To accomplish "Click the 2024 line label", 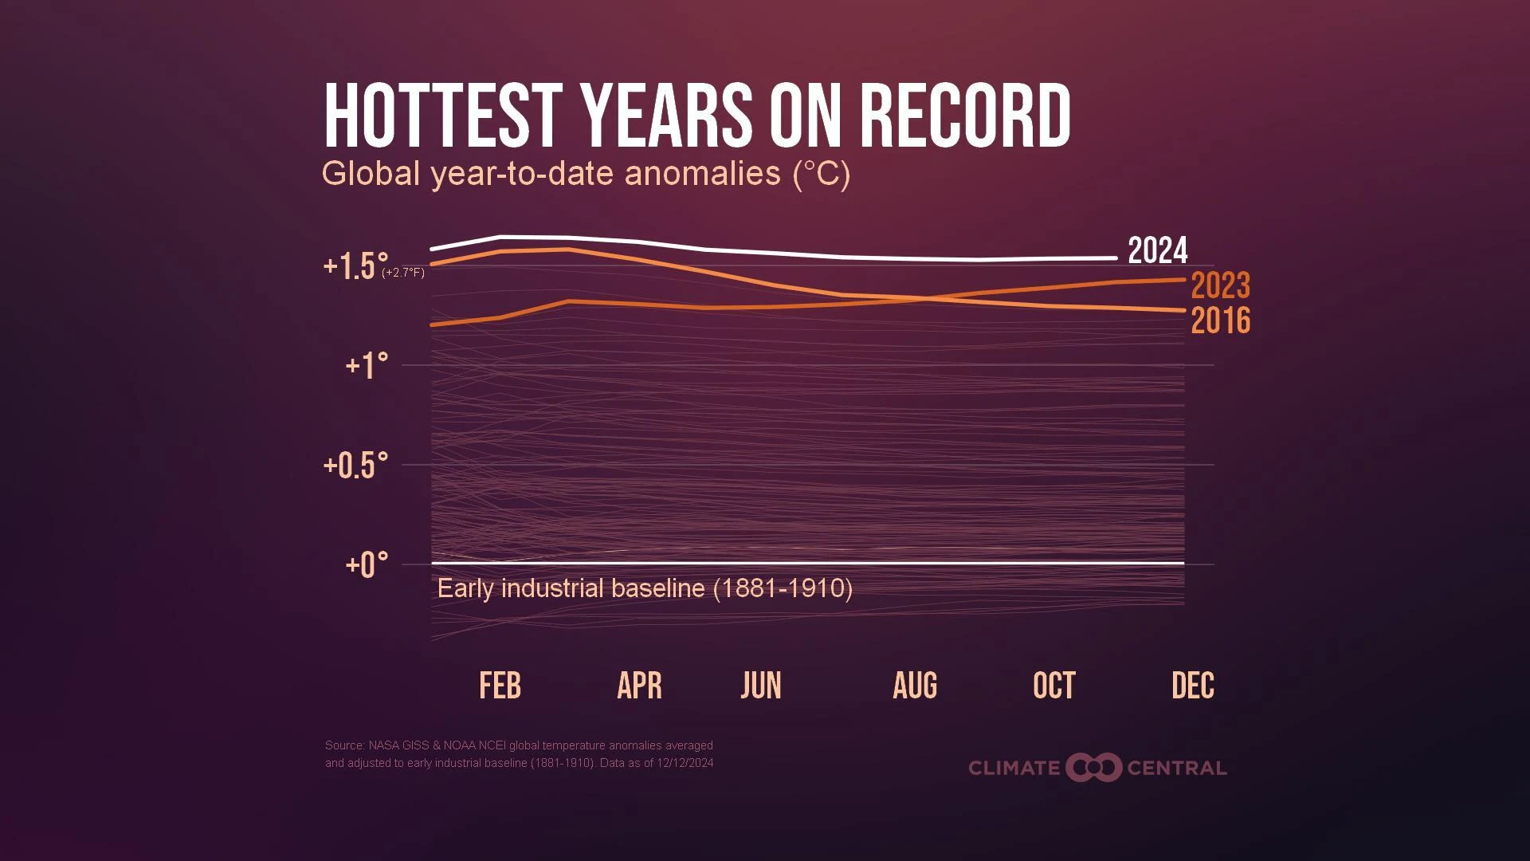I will pyautogui.click(x=1157, y=251).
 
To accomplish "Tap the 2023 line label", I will pyautogui.click(x=1220, y=285).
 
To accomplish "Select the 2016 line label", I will pyautogui.click(x=1220, y=320).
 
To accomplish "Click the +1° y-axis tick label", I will pyautogui.click(x=367, y=366).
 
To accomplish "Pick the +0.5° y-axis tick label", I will pyautogui.click(x=355, y=466).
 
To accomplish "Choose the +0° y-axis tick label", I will pyautogui.click(x=367, y=565).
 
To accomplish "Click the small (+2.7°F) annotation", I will pyautogui.click(x=403, y=273).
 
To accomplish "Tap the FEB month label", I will pyautogui.click(x=500, y=686).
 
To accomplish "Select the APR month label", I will pyautogui.click(x=639, y=686).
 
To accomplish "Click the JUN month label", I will pyautogui.click(x=761, y=686).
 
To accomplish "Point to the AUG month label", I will pyautogui.click(x=915, y=686).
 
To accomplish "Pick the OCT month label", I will pyautogui.click(x=1053, y=686).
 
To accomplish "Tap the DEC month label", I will pyautogui.click(x=1192, y=686).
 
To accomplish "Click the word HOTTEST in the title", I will pyautogui.click(x=442, y=116).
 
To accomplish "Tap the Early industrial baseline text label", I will pyautogui.click(x=645, y=588).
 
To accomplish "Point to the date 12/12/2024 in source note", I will pyautogui.click(x=685, y=763).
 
